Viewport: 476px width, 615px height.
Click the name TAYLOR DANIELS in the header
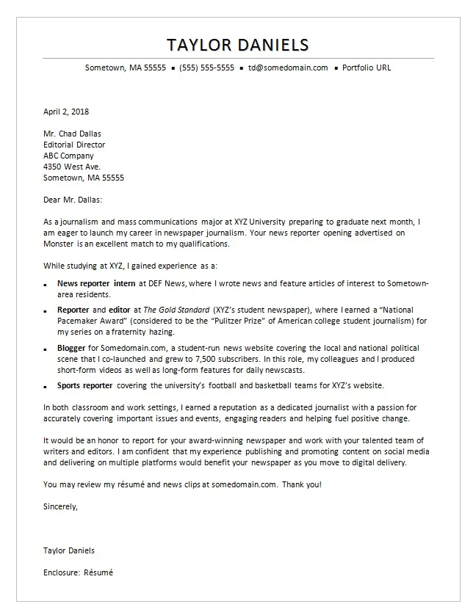click(238, 44)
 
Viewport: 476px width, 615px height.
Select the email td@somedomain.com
click(288, 68)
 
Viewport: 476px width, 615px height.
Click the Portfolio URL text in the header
click(367, 68)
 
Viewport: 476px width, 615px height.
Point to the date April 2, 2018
click(65, 112)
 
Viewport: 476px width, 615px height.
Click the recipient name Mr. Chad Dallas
click(73, 134)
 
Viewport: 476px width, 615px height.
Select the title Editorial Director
click(74, 145)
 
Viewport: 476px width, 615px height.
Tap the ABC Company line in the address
click(68, 156)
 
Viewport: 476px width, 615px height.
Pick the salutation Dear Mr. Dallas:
click(73, 200)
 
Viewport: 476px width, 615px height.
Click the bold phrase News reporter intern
click(95, 283)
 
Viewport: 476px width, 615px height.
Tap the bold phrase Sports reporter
click(85, 385)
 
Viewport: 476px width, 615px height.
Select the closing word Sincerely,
click(60, 506)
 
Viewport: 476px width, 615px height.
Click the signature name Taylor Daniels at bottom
click(69, 550)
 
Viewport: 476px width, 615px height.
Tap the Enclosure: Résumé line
click(79, 572)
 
